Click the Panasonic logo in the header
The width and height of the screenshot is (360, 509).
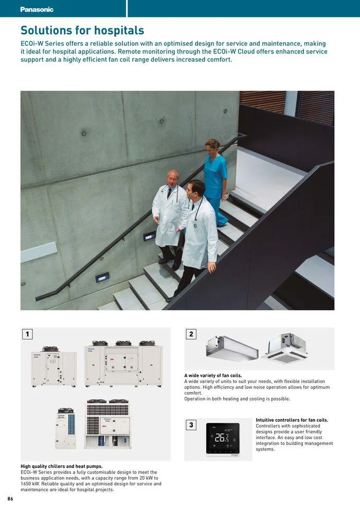pyautogui.click(x=37, y=9)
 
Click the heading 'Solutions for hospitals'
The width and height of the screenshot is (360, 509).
pyautogui.click(x=82, y=31)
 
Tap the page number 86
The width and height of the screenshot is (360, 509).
pyautogui.click(x=10, y=499)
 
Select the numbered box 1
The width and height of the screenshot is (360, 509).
pyautogui.click(x=27, y=334)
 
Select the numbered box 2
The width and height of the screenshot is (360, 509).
pyautogui.click(x=191, y=334)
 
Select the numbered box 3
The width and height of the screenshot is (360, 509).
pyautogui.click(x=191, y=425)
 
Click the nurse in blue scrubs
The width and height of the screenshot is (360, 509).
pyautogui.click(x=214, y=180)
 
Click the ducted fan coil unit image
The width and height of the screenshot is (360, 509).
pyautogui.click(x=231, y=348)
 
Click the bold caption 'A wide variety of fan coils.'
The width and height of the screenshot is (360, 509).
pyautogui.click(x=213, y=375)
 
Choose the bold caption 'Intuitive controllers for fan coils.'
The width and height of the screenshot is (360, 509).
pyautogui.click(x=292, y=420)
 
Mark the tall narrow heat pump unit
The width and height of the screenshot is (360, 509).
pyautogui.click(x=66, y=428)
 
